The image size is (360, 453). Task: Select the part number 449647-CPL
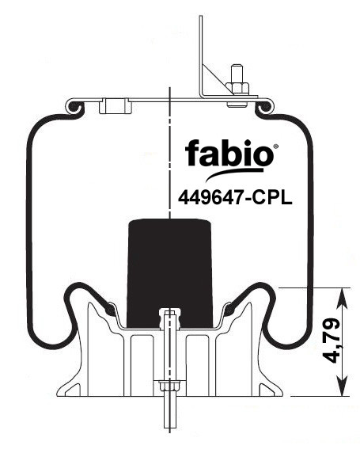(235, 198)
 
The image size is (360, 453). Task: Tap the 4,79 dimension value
(332, 341)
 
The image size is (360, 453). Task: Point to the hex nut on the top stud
(237, 88)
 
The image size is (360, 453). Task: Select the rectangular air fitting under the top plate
(116, 106)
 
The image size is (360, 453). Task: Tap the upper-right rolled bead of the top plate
(263, 107)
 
